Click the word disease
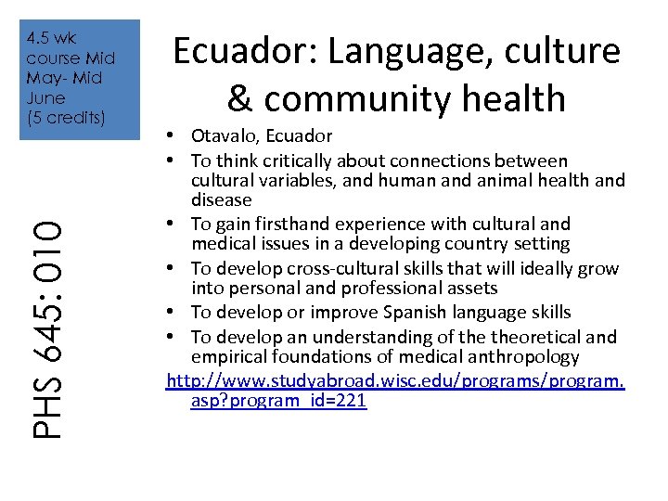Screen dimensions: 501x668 (x=221, y=199)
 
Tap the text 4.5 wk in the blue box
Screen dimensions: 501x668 (x=53, y=38)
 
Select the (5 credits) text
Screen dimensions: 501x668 (x=66, y=118)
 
